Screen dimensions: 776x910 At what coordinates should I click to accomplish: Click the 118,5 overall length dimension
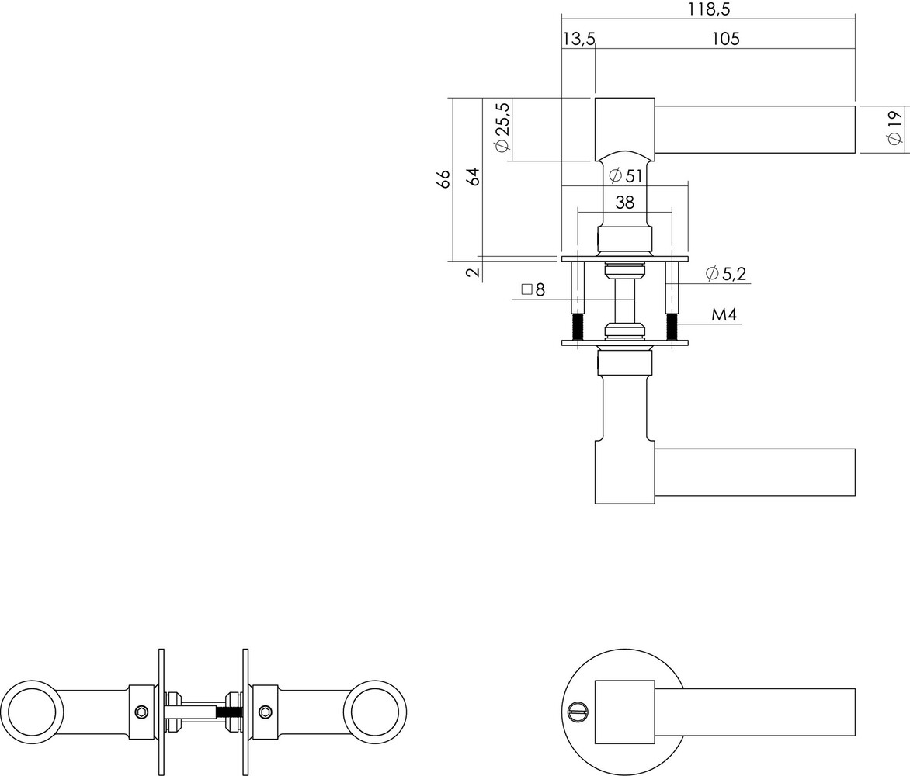pos(709,9)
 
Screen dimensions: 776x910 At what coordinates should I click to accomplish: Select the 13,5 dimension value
pos(578,39)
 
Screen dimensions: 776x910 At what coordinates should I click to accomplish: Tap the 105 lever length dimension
pos(725,39)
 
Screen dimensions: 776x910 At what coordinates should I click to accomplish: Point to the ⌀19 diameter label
pos(894,127)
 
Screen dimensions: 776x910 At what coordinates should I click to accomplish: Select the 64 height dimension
pos(473,176)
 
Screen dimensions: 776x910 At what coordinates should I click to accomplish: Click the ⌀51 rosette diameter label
pos(626,176)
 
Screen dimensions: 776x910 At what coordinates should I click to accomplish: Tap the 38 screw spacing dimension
pos(624,203)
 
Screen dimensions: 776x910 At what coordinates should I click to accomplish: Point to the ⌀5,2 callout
pos(728,273)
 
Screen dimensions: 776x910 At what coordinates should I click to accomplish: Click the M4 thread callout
pos(723,315)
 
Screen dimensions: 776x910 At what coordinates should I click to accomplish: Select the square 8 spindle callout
pos(533,289)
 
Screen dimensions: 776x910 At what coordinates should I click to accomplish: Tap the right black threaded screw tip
pos(672,327)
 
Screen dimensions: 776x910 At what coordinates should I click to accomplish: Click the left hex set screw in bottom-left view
pos(141,712)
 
